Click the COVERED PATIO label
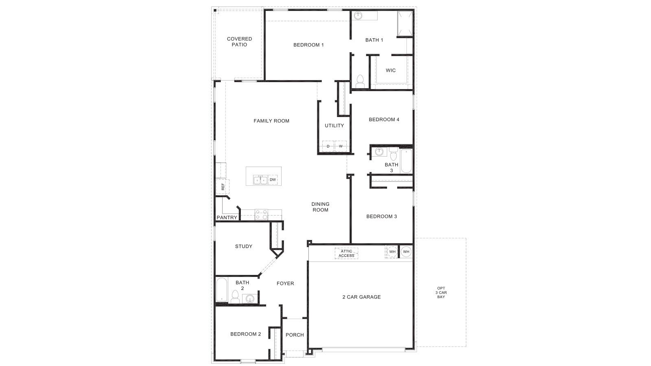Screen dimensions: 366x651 239,42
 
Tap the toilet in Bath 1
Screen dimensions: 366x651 360,81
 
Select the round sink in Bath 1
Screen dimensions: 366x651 358,16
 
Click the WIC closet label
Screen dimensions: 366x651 391,70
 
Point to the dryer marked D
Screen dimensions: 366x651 328,146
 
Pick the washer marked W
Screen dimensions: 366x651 341,146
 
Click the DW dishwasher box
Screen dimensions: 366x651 273,179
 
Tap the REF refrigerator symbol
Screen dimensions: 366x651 223,187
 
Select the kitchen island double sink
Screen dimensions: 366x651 260,180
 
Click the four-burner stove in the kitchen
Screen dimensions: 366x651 261,214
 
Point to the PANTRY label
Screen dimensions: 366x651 227,218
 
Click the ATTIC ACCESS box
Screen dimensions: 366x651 346,253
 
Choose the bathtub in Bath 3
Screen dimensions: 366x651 406,161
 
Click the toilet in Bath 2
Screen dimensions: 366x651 235,296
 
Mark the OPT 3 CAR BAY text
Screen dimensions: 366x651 441,292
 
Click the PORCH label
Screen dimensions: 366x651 295,335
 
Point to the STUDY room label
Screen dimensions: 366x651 244,246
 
